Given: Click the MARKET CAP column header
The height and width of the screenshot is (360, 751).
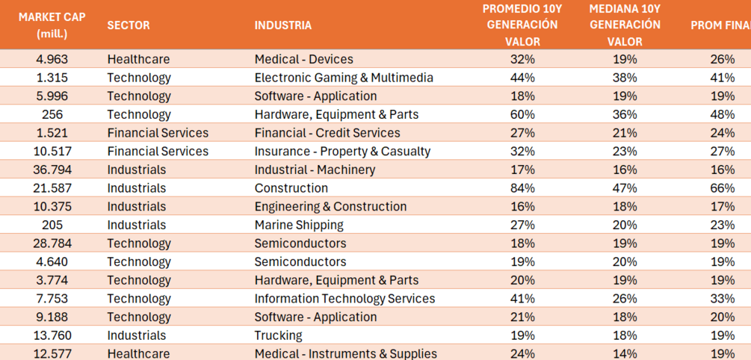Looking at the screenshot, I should pyautogui.click(x=52, y=25).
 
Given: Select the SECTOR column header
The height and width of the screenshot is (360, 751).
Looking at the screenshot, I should pyautogui.click(x=128, y=25).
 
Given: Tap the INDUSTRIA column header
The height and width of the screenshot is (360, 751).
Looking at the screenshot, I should pyautogui.click(x=282, y=25).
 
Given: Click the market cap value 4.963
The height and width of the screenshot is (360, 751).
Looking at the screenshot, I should pyautogui.click(x=52, y=59).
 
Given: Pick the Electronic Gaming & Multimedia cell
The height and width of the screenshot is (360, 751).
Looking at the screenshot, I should pyautogui.click(x=343, y=78).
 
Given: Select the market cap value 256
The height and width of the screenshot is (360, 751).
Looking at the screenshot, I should pyautogui.click(x=52, y=114).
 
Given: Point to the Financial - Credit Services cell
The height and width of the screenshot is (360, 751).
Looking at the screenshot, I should pyautogui.click(x=327, y=133).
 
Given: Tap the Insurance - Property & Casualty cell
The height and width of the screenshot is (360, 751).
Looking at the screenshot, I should pyautogui.click(x=342, y=152).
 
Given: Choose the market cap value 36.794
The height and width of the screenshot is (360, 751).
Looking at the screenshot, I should pyautogui.click(x=52, y=170).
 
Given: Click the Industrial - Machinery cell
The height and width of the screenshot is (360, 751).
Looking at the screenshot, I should pyautogui.click(x=315, y=170).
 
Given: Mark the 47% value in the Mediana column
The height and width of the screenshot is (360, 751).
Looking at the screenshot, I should pyautogui.click(x=625, y=188).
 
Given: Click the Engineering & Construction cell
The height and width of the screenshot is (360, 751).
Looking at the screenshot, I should pyautogui.click(x=330, y=207).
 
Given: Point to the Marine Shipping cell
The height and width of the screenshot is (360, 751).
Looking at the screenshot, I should pyautogui.click(x=299, y=225).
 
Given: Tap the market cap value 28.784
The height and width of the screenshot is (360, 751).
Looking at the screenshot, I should pyautogui.click(x=52, y=243).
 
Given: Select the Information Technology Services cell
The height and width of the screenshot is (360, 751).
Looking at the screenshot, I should pyautogui.click(x=344, y=299).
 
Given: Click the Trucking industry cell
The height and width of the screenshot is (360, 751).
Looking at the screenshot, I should pyautogui.click(x=278, y=335).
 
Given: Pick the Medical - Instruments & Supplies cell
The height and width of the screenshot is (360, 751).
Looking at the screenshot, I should pyautogui.click(x=345, y=353).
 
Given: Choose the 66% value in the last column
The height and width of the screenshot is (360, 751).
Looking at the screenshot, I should pyautogui.click(x=723, y=188).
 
